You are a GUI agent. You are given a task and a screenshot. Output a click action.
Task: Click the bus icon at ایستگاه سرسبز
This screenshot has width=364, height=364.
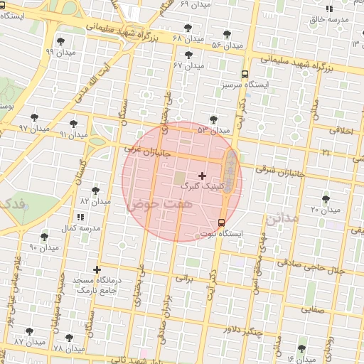245,74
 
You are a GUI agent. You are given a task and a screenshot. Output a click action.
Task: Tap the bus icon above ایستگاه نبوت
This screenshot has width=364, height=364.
222,223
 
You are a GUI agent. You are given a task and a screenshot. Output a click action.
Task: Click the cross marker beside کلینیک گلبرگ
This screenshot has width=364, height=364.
203,175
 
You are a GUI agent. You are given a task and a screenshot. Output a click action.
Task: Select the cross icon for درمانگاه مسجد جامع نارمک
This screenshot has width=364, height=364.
97,270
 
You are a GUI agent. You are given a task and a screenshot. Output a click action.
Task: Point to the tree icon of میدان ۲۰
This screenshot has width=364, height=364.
326,199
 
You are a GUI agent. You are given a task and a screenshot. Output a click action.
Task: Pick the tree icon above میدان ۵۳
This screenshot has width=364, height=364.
214,119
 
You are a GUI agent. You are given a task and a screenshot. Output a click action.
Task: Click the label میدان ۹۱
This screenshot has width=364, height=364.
73,134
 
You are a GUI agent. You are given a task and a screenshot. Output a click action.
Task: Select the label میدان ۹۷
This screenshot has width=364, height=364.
32,128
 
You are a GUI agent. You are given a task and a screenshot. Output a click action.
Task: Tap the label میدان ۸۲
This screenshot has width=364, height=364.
95,202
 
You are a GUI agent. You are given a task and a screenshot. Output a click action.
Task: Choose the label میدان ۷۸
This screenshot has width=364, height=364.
69,348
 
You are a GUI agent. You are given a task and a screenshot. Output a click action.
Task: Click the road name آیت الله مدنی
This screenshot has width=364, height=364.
82,78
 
